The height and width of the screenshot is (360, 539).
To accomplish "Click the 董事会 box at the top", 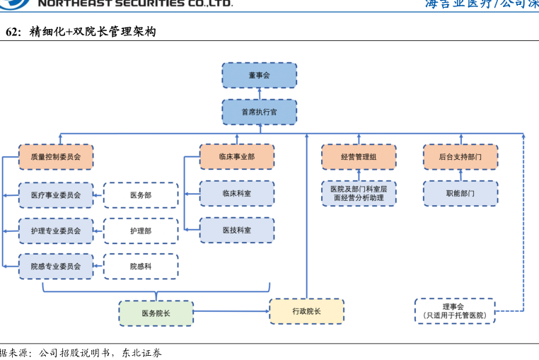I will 259,75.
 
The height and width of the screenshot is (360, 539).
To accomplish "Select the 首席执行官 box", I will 259,112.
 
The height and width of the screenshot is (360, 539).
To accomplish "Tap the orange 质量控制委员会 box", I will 56,157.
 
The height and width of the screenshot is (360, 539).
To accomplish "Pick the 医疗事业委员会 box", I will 56,194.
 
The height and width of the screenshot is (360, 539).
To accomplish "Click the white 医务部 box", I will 141,194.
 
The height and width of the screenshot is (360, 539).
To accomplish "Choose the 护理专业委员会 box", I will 56,231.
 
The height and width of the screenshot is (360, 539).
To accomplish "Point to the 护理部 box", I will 141,231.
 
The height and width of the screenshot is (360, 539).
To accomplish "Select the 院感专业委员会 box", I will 56,267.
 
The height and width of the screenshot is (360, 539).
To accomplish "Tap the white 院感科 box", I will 141,267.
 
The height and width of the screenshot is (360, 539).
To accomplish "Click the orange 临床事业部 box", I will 237,157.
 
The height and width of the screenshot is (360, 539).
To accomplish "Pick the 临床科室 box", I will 237,193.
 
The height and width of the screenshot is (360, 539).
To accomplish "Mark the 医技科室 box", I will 237,230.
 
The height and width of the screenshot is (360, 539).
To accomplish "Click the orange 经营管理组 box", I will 359,157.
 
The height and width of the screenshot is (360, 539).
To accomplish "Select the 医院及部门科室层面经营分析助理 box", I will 359,193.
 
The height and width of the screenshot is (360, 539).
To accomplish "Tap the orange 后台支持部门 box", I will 460,157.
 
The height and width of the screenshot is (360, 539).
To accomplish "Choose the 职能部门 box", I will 460,193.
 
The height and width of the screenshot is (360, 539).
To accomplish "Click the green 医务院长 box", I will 156,313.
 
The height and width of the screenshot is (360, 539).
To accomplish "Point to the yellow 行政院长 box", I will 306,311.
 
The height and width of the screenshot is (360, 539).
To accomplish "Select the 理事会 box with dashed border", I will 454,311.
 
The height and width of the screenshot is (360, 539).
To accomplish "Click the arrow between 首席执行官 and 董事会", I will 259,93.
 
